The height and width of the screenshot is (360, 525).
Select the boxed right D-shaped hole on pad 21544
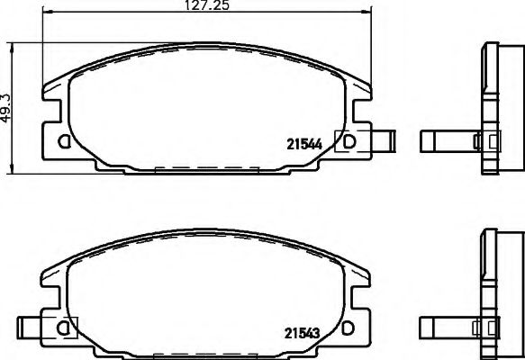click(x=348, y=140)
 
